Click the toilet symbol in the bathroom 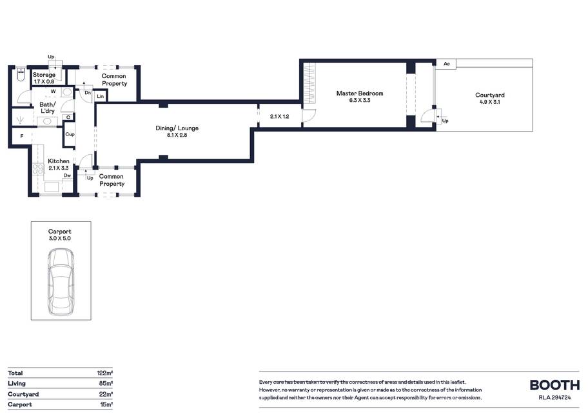coord(21,74)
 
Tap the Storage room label coord(44,75)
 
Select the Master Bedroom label coord(360,94)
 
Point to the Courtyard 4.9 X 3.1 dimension coord(490,102)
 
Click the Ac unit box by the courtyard coord(446,64)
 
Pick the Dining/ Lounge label coord(177,128)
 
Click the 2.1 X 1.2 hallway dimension coord(279,117)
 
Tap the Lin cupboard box coord(100,96)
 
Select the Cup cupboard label coord(70,134)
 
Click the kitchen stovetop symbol coord(38,169)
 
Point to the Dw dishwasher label coord(67,175)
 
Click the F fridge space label coord(22,136)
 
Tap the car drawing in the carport coord(61,282)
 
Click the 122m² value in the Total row coord(104,373)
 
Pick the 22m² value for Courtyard coord(105,394)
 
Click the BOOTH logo coord(554,385)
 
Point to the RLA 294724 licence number coord(554,398)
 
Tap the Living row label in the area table coord(17,383)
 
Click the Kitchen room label coord(59,161)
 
